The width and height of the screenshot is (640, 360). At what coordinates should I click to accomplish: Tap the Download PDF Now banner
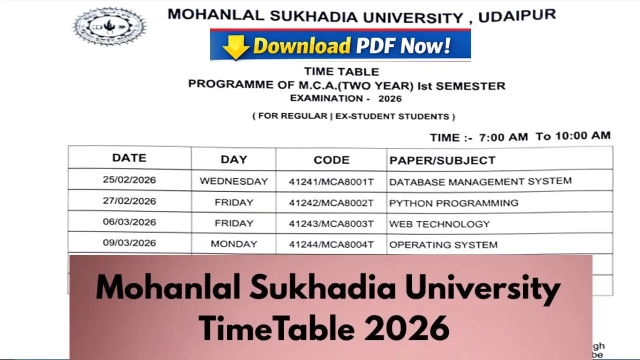click(340, 45)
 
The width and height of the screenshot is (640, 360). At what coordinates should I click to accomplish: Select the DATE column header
click(129, 158)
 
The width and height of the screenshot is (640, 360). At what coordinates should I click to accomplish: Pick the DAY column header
click(233, 159)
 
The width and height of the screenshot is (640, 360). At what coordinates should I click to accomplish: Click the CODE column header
click(331, 160)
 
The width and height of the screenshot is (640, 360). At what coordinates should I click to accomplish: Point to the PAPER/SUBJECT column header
click(442, 160)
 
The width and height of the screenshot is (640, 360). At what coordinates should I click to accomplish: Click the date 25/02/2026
click(129, 180)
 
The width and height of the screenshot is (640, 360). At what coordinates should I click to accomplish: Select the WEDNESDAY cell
click(233, 181)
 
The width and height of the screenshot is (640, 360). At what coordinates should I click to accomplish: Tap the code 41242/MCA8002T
click(331, 203)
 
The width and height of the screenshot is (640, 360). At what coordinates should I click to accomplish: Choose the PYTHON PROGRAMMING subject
click(453, 203)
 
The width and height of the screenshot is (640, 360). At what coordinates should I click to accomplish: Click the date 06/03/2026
click(129, 222)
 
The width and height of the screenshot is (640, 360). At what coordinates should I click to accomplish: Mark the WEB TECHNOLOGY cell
click(439, 224)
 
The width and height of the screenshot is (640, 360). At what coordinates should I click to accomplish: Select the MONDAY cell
click(233, 244)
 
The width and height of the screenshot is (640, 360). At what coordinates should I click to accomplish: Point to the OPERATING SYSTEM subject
click(443, 245)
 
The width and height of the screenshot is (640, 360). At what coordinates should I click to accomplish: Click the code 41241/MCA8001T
click(331, 182)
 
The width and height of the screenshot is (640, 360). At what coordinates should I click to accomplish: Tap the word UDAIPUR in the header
click(517, 16)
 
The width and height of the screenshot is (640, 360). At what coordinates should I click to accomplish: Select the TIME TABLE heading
click(341, 72)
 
